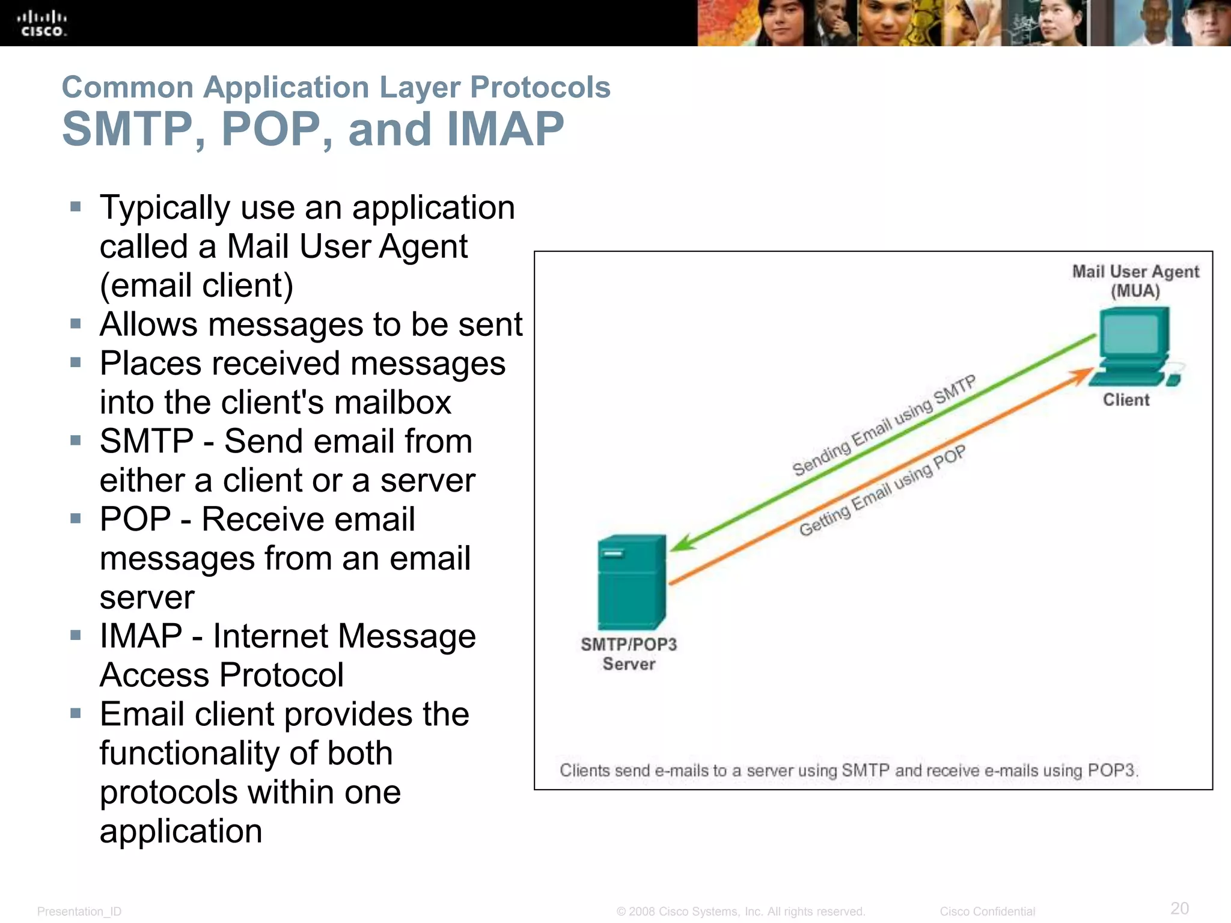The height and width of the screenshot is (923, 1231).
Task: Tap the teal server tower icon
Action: (x=631, y=582)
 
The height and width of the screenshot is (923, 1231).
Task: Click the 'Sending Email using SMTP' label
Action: (x=884, y=425)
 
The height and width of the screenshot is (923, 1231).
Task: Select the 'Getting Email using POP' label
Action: (x=882, y=490)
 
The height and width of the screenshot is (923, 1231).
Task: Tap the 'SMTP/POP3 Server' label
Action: (x=629, y=654)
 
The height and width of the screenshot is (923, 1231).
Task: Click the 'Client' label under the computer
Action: (x=1126, y=400)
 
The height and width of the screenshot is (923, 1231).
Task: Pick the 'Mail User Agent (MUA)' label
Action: (x=1135, y=281)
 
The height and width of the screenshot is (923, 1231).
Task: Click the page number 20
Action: (x=1179, y=908)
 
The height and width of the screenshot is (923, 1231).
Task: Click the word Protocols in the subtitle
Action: (x=540, y=88)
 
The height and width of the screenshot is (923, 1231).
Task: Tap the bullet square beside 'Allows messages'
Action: (x=76, y=324)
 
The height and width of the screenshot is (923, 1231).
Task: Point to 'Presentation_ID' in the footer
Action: (x=79, y=912)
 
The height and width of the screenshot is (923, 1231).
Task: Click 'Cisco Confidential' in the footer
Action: (x=987, y=912)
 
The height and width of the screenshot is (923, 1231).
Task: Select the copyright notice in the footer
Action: (x=741, y=912)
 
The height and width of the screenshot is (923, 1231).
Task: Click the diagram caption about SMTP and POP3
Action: (x=849, y=770)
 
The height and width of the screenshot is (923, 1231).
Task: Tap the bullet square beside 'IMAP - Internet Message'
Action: (x=76, y=636)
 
